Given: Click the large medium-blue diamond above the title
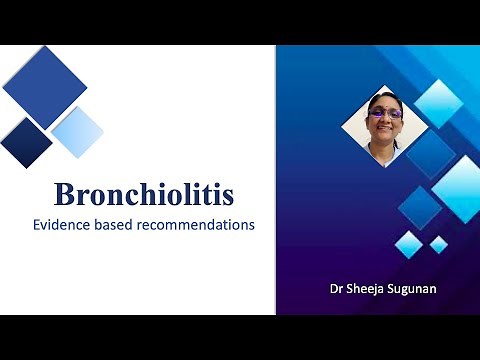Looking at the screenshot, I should pos(45,87).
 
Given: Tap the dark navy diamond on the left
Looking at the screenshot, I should pos(26,142).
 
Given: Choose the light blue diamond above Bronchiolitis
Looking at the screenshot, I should pos(77,132).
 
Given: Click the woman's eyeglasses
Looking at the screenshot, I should pos(385,113).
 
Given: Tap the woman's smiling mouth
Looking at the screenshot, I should pos(385,130).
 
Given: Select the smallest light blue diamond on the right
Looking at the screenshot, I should pos(438,244).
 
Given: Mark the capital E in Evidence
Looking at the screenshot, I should pos(37,225).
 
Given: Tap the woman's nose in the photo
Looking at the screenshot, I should pos(385,121).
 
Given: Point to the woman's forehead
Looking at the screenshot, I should pos(385,105).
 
